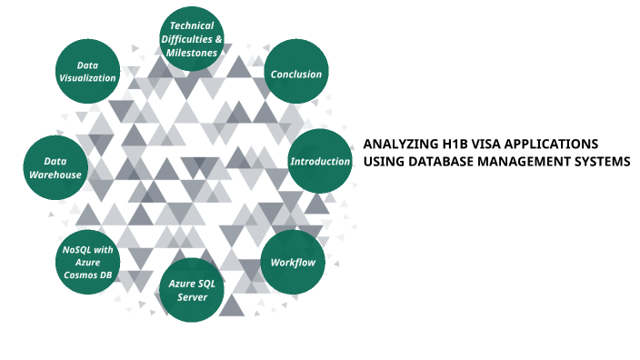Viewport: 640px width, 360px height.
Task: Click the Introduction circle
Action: [x=320, y=162]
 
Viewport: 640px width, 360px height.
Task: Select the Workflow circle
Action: [x=293, y=263]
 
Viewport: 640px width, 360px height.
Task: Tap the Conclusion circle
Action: [x=295, y=74]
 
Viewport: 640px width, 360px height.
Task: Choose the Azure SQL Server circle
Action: [x=193, y=291]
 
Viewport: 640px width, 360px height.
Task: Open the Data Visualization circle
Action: [x=87, y=71]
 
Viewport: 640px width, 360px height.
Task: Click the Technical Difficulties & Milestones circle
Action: [x=193, y=39]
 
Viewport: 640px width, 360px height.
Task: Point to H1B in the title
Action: [x=450, y=144]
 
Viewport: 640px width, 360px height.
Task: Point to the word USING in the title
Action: [x=382, y=162]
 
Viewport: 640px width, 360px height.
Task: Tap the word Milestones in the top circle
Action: [x=193, y=53]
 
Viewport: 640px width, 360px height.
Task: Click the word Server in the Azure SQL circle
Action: [x=193, y=297]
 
